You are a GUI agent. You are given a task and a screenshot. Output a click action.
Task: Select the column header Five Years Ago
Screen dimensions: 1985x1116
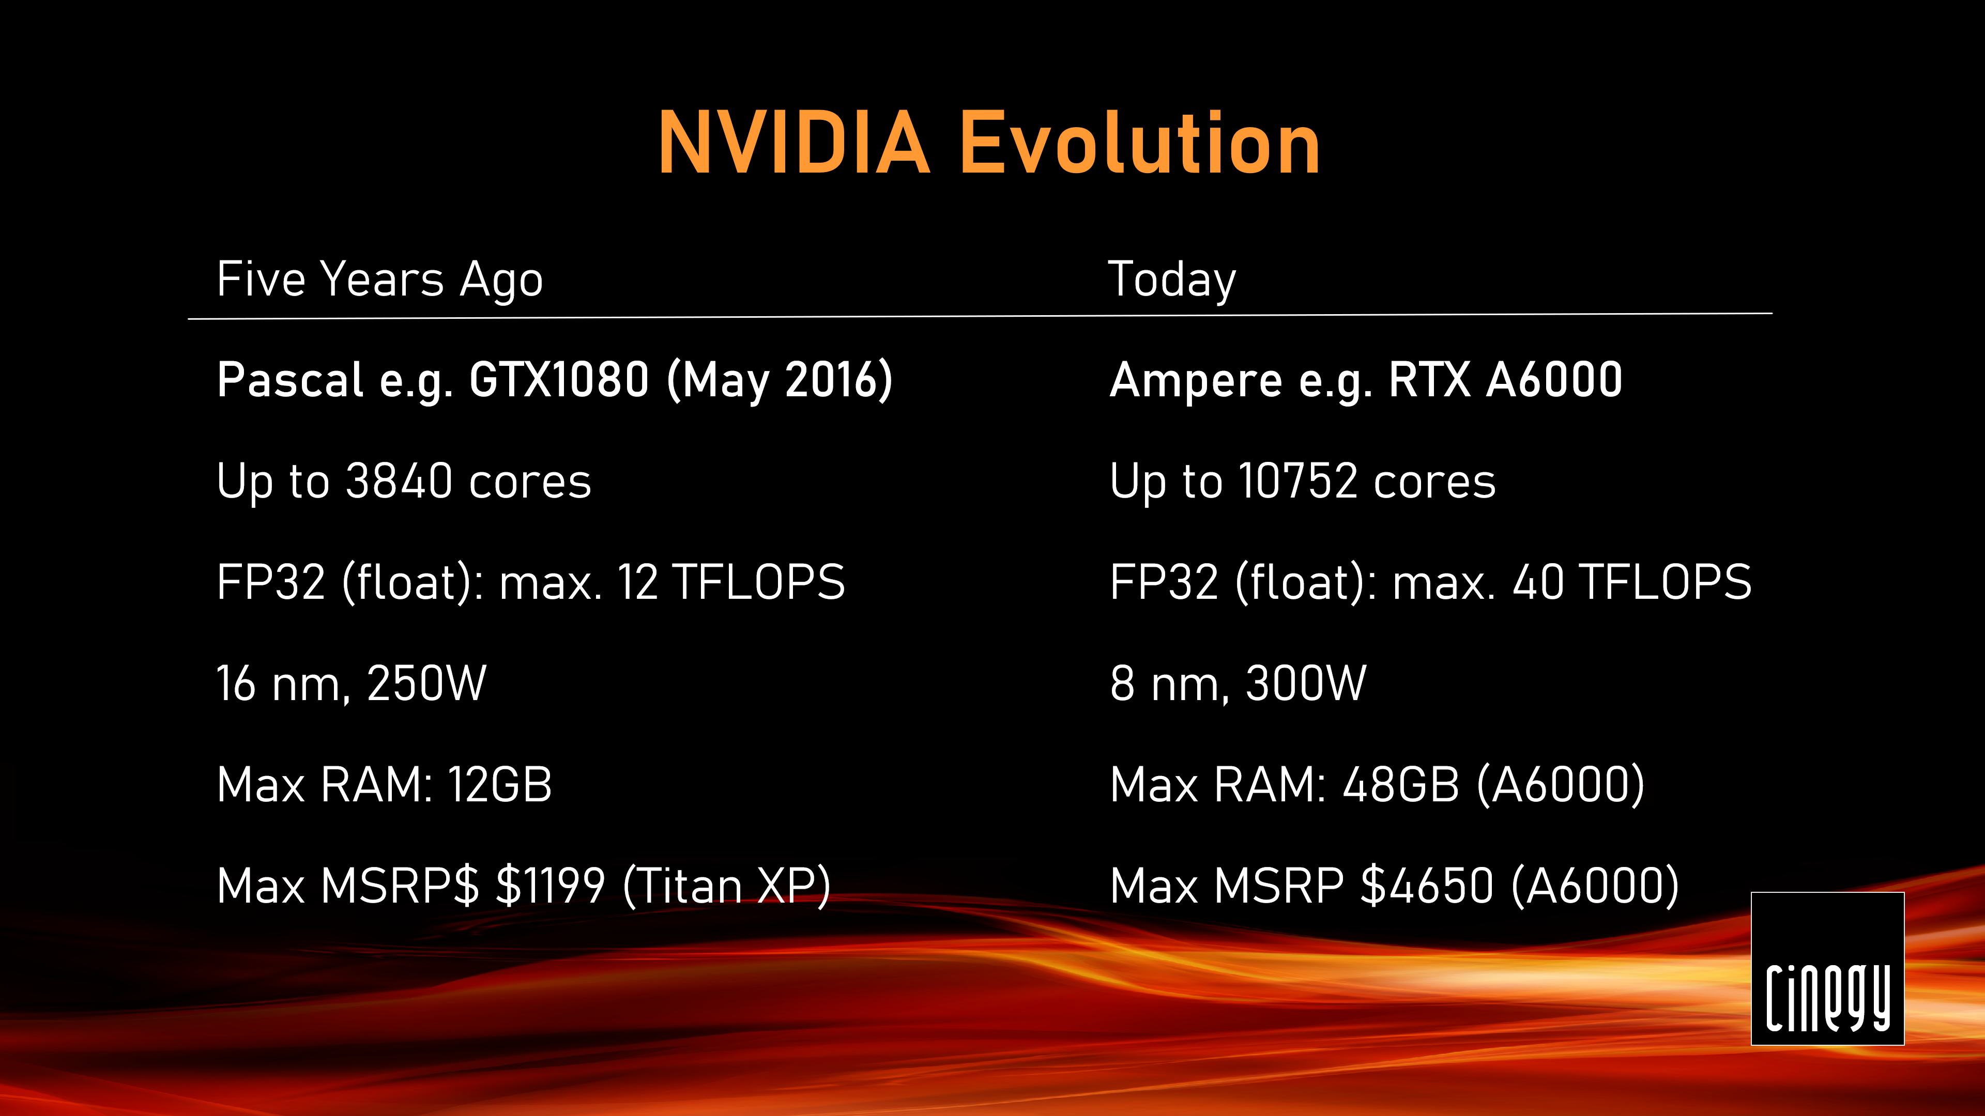pos(380,281)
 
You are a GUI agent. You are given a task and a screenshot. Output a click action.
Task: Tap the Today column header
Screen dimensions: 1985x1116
pos(1172,281)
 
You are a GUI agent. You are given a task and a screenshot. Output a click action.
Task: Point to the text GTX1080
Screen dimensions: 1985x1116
pos(559,380)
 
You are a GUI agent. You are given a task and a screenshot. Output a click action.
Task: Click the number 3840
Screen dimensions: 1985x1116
pos(399,482)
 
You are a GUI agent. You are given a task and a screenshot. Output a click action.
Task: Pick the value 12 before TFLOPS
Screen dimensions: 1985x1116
pos(637,582)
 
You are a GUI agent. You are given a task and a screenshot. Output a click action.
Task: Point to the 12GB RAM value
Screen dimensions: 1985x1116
pos(500,785)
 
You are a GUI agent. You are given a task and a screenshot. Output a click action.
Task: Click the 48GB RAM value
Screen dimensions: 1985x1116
pos(1401,785)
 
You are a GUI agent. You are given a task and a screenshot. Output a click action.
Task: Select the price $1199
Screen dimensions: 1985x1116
pos(550,886)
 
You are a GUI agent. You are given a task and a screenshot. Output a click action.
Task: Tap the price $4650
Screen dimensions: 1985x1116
pos(1427,886)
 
